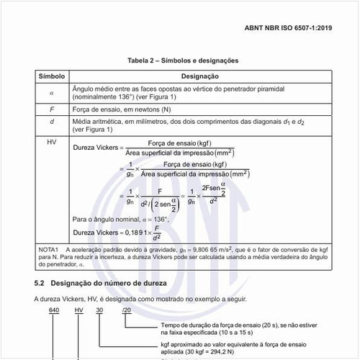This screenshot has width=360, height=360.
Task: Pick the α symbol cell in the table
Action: click(x=51, y=92)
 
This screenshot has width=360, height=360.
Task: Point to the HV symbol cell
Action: click(x=51, y=142)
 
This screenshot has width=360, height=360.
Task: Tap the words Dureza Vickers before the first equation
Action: click(x=94, y=148)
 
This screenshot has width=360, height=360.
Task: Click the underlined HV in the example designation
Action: click(x=78, y=310)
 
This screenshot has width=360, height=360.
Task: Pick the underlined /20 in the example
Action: click(x=127, y=310)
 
